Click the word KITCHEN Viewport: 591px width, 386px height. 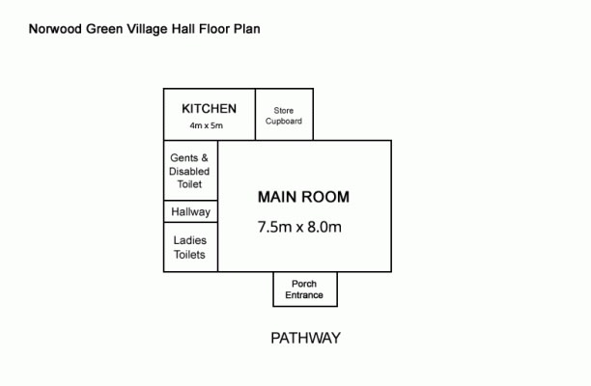point(210,108)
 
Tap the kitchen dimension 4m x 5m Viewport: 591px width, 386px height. point(206,125)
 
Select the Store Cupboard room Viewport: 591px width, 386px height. point(284,115)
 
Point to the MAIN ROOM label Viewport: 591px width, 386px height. point(303,197)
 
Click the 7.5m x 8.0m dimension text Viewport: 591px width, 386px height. point(299,227)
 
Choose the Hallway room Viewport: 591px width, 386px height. point(190,211)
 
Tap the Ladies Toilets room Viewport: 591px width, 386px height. point(190,247)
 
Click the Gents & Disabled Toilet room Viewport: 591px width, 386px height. point(190,170)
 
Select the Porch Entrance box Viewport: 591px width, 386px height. point(305,289)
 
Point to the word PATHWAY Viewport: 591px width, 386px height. point(306,338)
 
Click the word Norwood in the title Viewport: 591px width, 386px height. point(55,29)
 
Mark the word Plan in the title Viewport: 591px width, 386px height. point(247,29)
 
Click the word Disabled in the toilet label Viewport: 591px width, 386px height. point(189,172)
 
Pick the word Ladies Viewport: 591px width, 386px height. point(190,240)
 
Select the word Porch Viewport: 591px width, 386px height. point(304,284)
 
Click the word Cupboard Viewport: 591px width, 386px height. point(284,122)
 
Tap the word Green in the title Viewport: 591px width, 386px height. point(104,29)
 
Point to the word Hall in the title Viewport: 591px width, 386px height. point(183,29)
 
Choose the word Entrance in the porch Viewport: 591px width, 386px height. point(304,295)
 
